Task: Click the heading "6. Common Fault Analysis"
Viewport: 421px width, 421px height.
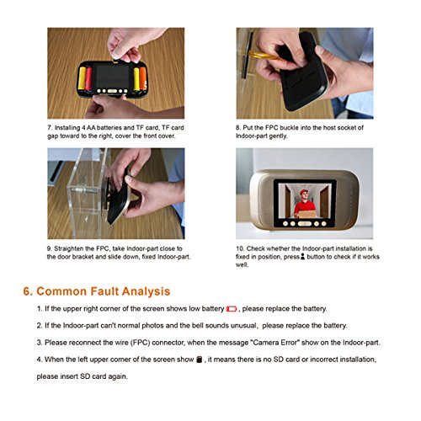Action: point(97,291)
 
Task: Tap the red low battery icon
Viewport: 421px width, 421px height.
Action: point(232,309)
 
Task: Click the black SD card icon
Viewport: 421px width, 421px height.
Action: point(200,360)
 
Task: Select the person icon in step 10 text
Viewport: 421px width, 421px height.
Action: point(302,257)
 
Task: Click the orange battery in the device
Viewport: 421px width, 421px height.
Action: point(143,78)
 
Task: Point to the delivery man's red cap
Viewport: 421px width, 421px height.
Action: point(304,192)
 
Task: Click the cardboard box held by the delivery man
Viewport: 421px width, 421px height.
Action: point(306,215)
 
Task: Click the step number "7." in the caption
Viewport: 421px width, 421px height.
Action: point(50,128)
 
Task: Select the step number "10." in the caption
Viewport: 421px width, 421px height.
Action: point(240,248)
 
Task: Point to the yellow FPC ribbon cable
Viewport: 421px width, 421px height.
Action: point(264,56)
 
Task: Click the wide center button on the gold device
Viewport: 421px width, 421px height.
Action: point(304,224)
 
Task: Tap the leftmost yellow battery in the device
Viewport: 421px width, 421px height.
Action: point(82,78)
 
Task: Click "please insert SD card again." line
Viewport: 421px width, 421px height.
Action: point(83,376)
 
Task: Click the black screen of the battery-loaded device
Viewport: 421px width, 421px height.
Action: point(113,76)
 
